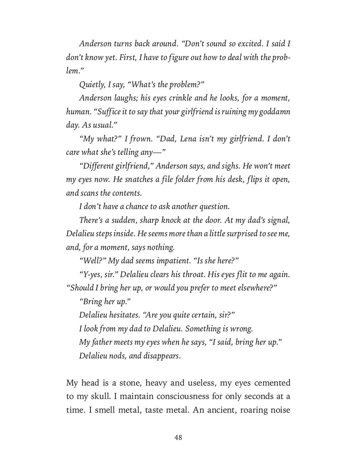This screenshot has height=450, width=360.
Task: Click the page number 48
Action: [178, 437]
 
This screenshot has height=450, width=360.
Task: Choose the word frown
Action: [140, 139]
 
